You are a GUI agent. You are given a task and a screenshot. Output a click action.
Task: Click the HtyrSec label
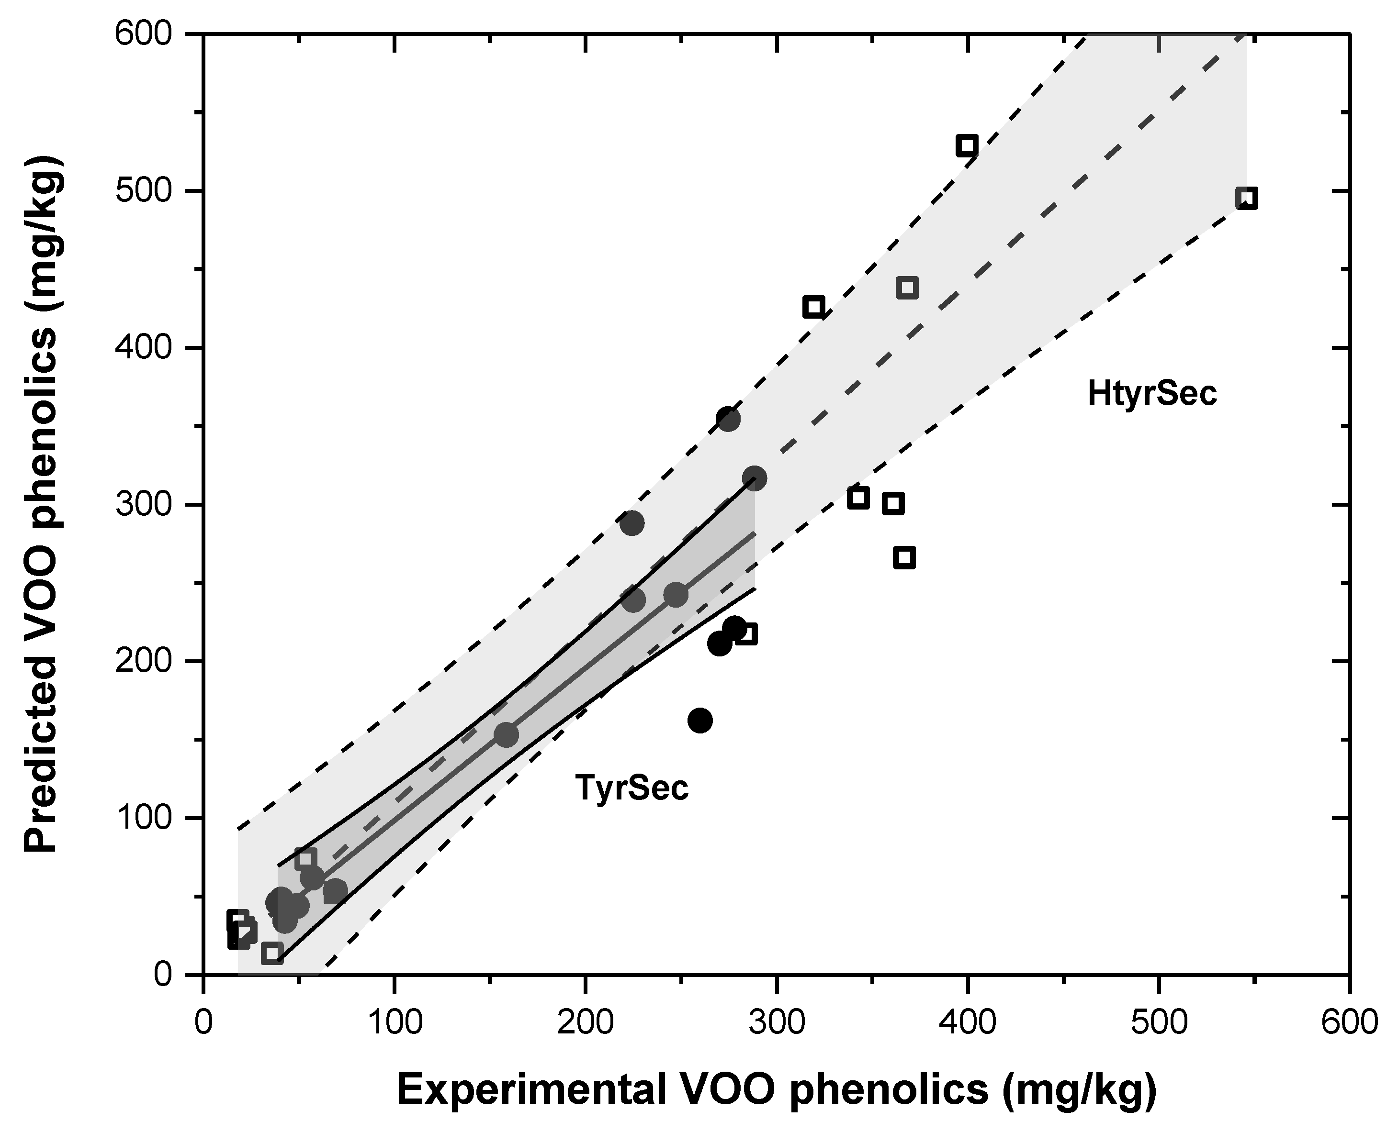1152,395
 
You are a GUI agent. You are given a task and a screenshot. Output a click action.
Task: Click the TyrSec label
631,788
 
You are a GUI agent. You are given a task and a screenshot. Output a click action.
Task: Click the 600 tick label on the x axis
1348,1022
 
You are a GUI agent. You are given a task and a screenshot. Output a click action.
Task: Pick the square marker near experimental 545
1246,198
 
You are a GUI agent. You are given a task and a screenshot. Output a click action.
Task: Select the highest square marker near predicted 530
967,145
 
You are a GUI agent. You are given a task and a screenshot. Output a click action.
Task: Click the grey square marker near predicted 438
907,288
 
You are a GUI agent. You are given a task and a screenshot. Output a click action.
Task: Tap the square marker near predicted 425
813,307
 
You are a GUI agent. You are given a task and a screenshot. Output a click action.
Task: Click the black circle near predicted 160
700,721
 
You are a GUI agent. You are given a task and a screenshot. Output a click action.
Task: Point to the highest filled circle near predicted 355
728,419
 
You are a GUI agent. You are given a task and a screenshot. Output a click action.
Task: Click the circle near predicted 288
631,523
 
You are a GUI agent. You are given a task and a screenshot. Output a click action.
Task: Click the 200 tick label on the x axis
585,1022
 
